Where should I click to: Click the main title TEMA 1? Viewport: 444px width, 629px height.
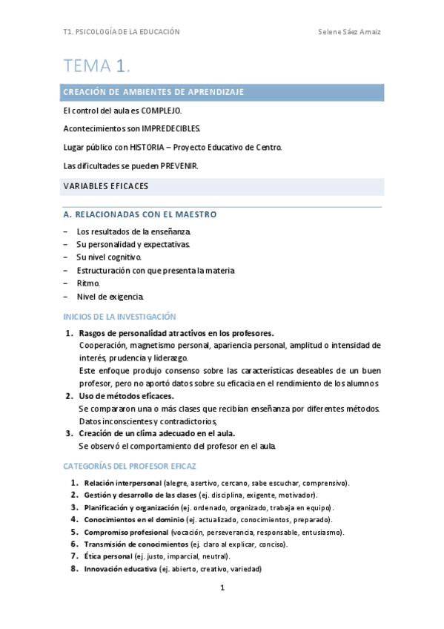[x=97, y=66]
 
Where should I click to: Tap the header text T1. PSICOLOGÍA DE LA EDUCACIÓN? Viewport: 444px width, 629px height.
[x=122, y=33]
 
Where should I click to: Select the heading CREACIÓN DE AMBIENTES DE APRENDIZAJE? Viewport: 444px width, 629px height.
[x=154, y=92]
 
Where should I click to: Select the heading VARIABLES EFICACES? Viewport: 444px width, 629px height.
[x=106, y=185]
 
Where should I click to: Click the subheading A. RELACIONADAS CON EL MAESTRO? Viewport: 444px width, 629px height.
[x=140, y=214]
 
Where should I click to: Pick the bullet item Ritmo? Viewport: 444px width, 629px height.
[x=88, y=283]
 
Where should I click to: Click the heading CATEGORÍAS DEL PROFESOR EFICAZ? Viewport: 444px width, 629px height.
[x=130, y=466]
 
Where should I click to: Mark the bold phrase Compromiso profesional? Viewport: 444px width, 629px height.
[x=126, y=532]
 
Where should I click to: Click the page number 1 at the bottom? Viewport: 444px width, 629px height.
[x=222, y=588]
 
